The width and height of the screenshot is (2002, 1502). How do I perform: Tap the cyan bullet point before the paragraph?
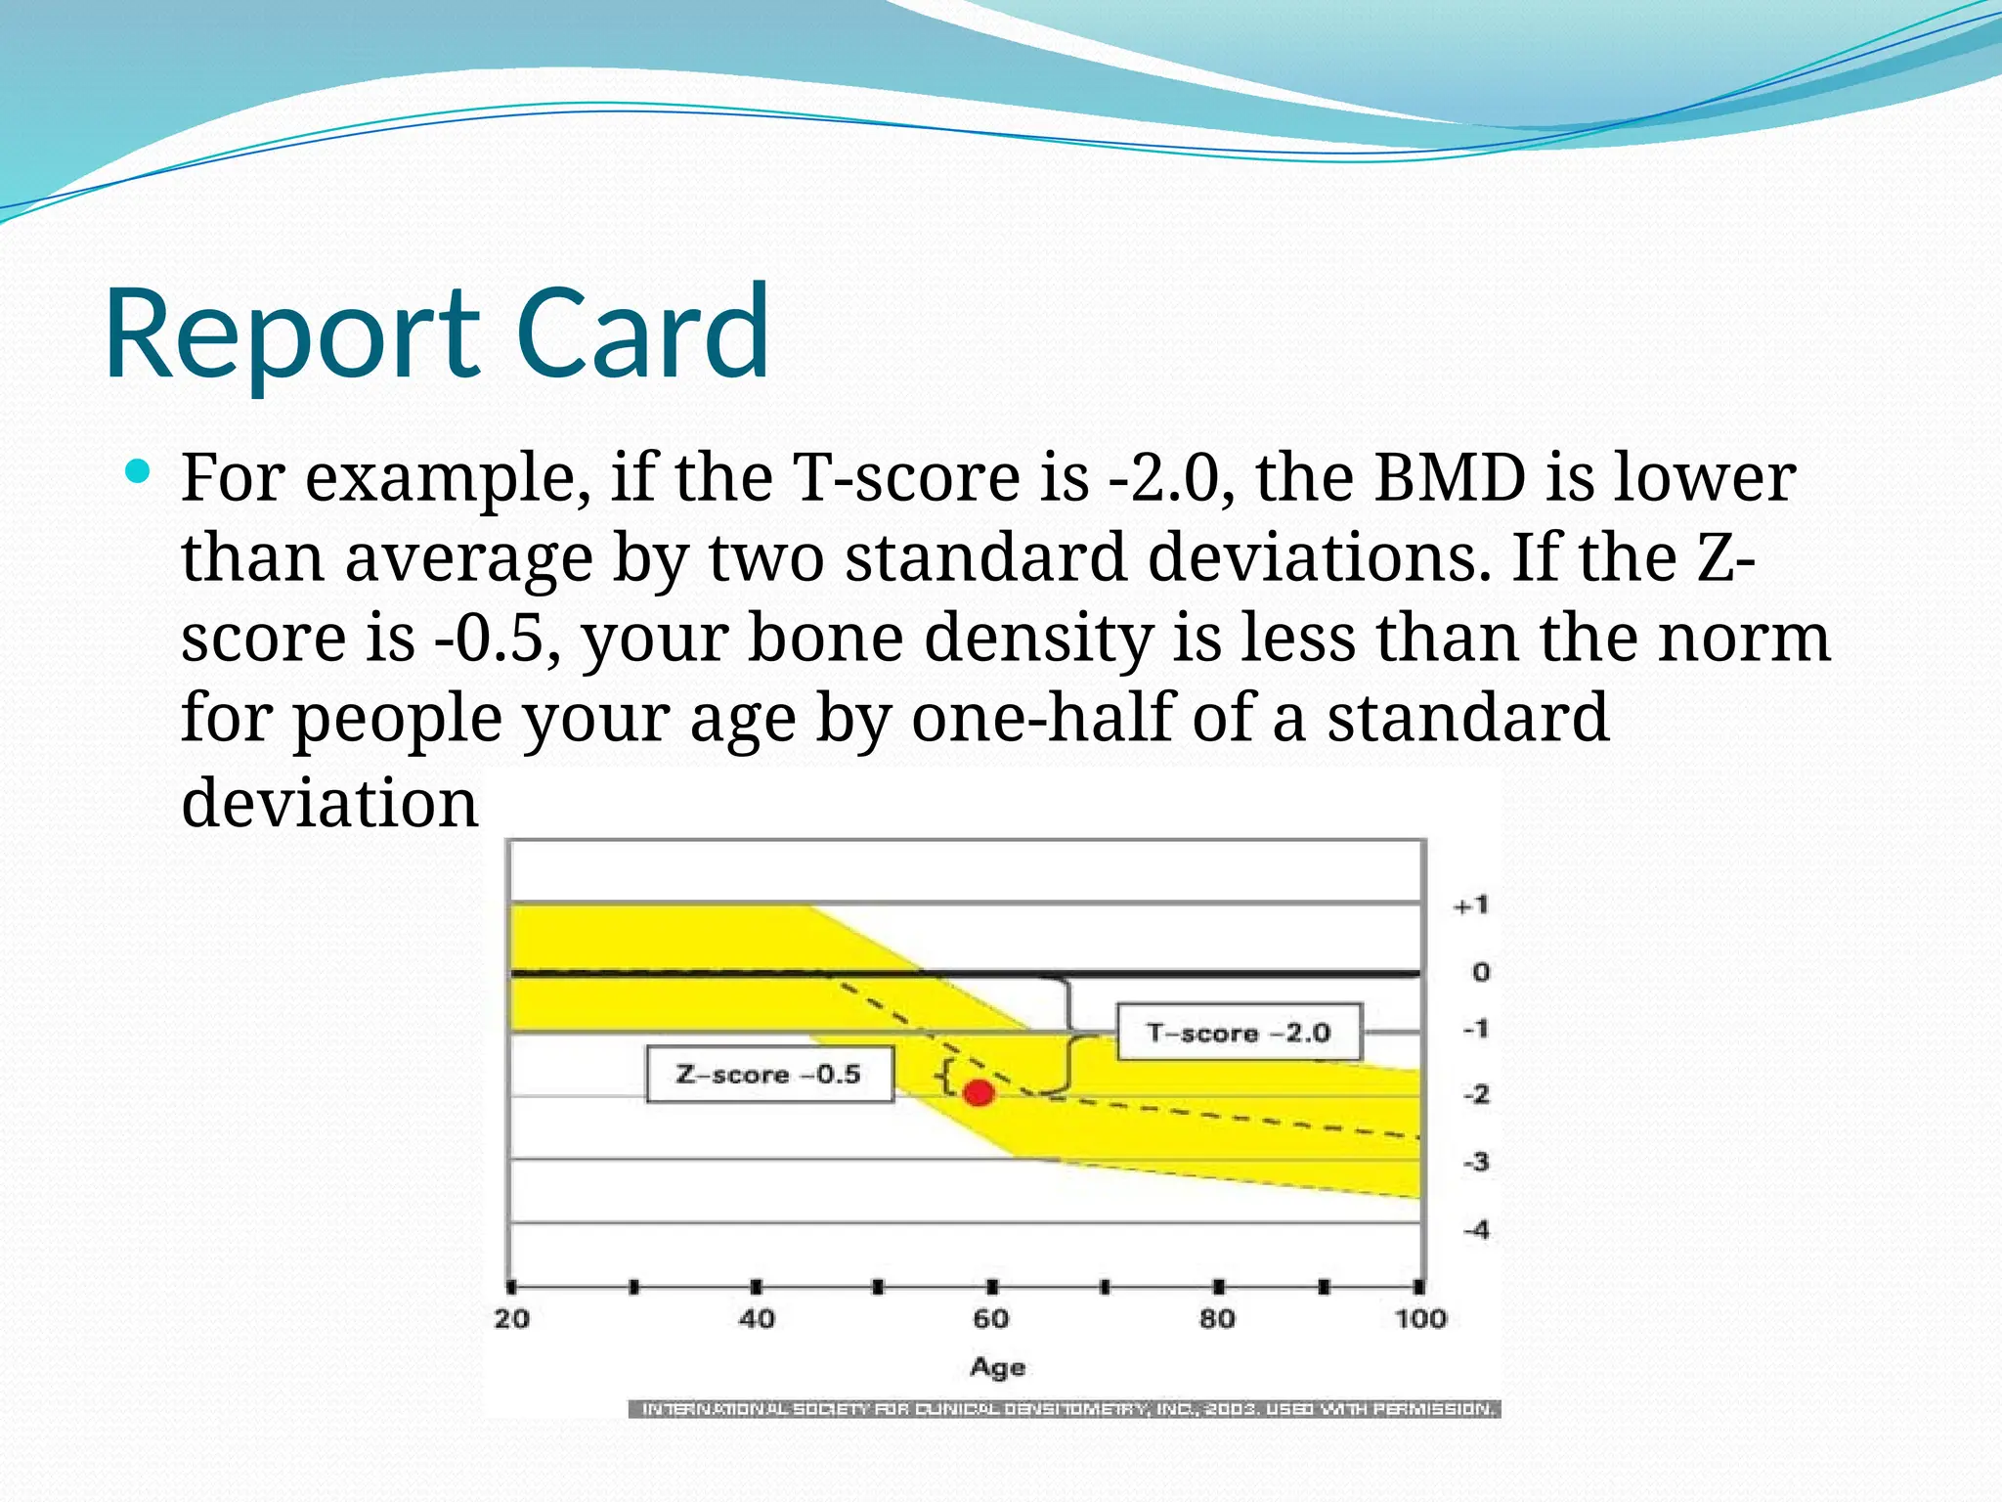[138, 474]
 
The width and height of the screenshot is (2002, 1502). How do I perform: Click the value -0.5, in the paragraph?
[498, 639]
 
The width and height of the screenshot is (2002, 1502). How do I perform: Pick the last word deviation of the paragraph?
[329, 803]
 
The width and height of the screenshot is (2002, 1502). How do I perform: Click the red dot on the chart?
[979, 1092]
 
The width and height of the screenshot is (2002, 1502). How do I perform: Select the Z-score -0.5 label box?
[769, 1074]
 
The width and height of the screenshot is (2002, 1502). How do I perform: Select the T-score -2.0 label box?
[1239, 1033]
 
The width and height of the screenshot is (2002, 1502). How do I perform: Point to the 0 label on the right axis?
[1480, 972]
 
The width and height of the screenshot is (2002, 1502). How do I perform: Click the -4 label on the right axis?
[1476, 1229]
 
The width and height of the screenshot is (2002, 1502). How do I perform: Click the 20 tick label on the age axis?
[511, 1319]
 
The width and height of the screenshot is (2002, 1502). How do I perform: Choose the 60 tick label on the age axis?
[990, 1319]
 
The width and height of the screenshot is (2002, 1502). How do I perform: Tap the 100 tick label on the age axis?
[1419, 1319]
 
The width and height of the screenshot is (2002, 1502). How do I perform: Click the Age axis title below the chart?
[997, 1367]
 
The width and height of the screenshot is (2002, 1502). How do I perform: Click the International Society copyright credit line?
[1066, 1409]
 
